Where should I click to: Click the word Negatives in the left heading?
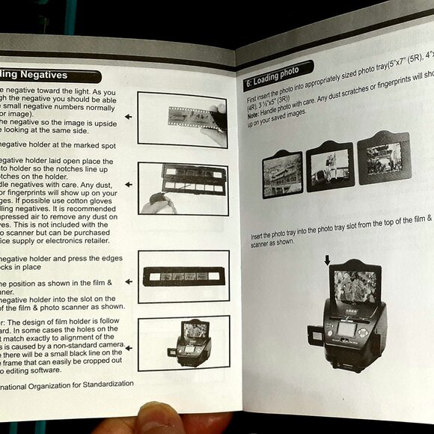click(43, 76)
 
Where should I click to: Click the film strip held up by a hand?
click(190, 117)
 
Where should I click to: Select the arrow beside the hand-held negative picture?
click(128, 117)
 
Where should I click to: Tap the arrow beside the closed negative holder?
click(128, 281)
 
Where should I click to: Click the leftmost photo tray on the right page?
click(282, 174)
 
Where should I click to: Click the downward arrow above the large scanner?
click(326, 260)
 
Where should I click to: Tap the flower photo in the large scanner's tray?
click(355, 286)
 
